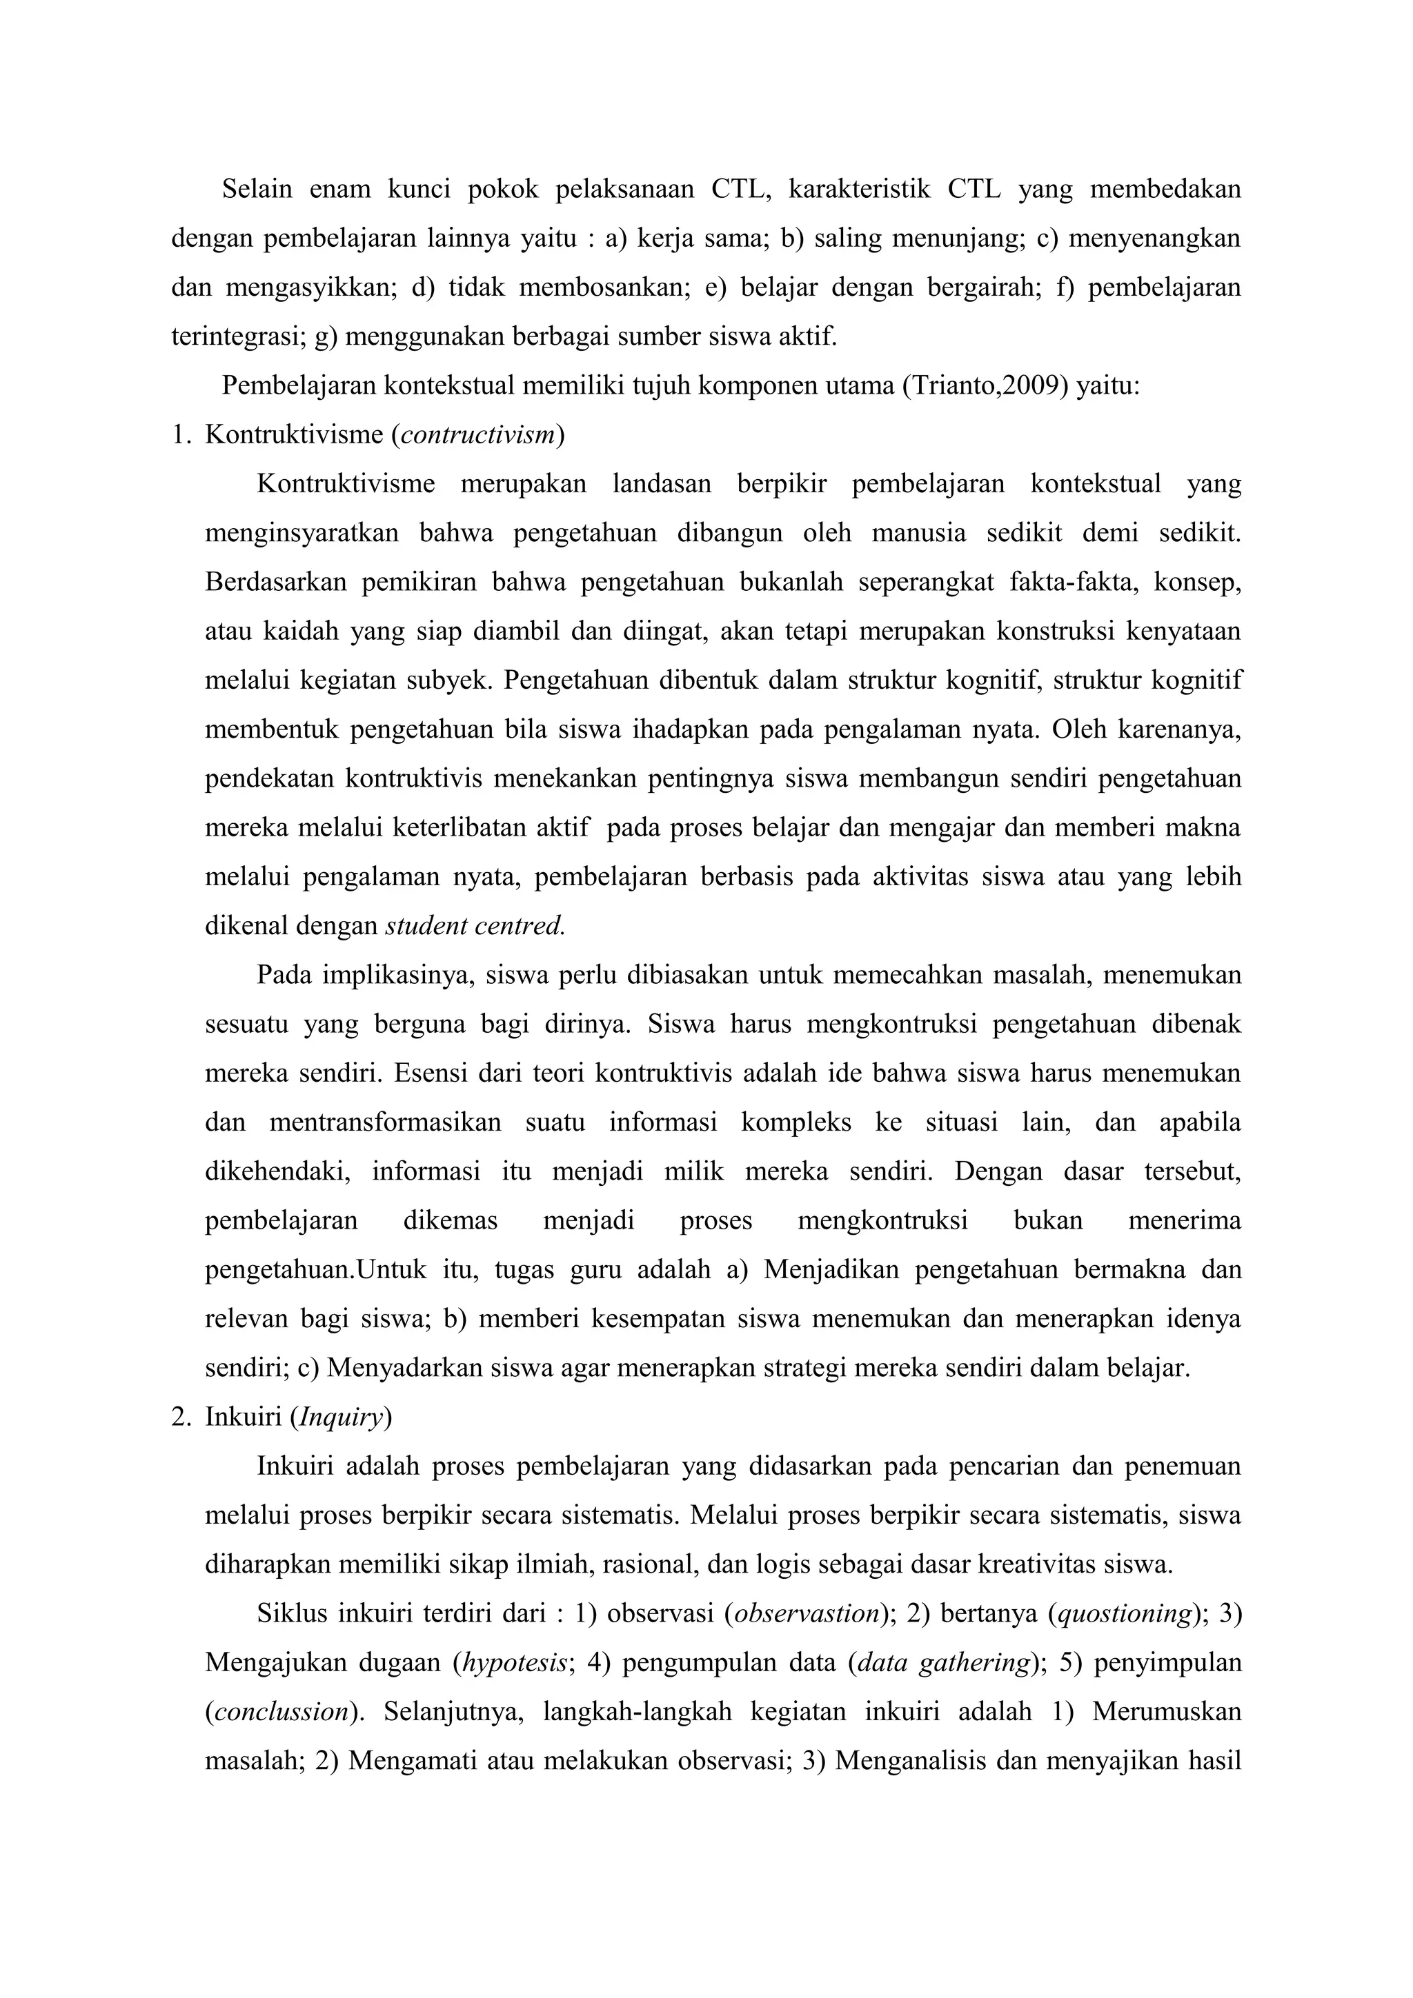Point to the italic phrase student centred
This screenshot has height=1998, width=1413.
(x=475, y=926)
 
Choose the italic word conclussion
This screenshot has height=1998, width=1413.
(x=281, y=1713)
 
